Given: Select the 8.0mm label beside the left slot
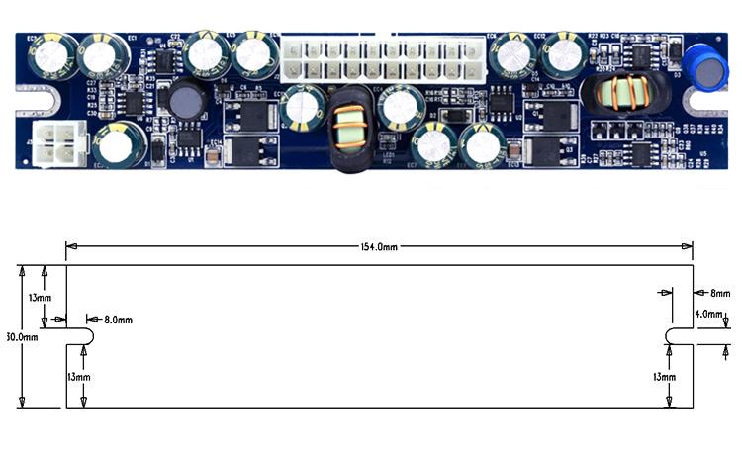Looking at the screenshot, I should (118, 320).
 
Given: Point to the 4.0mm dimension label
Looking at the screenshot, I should (708, 314).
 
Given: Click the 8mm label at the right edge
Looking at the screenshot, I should (718, 294).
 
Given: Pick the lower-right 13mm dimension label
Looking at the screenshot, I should (665, 377).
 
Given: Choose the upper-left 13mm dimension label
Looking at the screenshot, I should (40, 297).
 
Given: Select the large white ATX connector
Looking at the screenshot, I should (378, 59).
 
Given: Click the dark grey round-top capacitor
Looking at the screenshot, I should (185, 100).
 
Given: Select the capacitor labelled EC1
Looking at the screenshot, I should (102, 55).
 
